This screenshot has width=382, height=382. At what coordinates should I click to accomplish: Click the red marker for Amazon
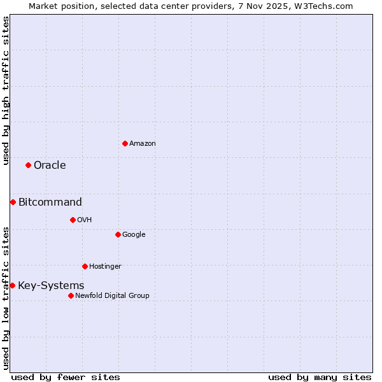(125, 143)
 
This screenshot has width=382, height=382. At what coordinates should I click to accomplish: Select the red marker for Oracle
(28, 166)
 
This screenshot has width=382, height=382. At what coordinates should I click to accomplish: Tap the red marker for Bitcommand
(13, 202)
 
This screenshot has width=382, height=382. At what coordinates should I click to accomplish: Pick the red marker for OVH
(73, 220)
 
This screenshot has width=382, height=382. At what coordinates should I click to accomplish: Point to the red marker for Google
(118, 235)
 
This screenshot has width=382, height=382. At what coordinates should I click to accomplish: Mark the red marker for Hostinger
(85, 266)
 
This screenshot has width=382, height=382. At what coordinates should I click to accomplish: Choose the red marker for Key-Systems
(12, 286)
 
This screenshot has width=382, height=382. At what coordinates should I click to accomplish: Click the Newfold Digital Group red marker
(71, 295)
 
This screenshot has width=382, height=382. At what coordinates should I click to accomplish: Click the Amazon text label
(143, 144)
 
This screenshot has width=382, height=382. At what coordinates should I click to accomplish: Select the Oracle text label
(50, 166)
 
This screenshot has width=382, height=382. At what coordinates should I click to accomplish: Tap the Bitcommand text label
(50, 202)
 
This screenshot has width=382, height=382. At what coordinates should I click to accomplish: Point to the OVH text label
(85, 220)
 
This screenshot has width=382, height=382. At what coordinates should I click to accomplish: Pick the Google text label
(134, 235)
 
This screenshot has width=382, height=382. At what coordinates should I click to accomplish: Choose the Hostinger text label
(105, 266)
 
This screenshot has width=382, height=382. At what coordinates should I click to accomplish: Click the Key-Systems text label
(51, 286)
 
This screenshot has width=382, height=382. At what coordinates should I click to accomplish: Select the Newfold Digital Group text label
(112, 295)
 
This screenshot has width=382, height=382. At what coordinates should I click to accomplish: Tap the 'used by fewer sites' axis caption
(66, 377)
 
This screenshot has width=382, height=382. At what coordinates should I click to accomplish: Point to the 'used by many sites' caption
(320, 377)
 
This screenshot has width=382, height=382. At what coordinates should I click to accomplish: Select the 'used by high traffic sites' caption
(6, 90)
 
